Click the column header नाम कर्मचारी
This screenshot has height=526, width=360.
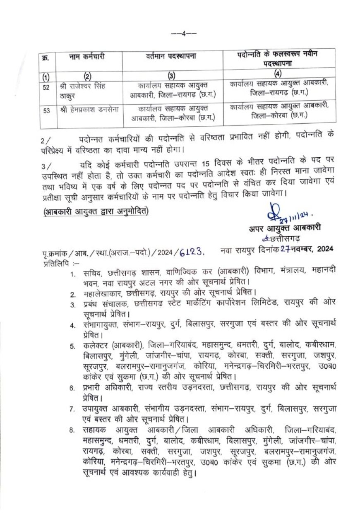click(x=86, y=57)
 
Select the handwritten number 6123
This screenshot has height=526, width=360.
click(x=193, y=249)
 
